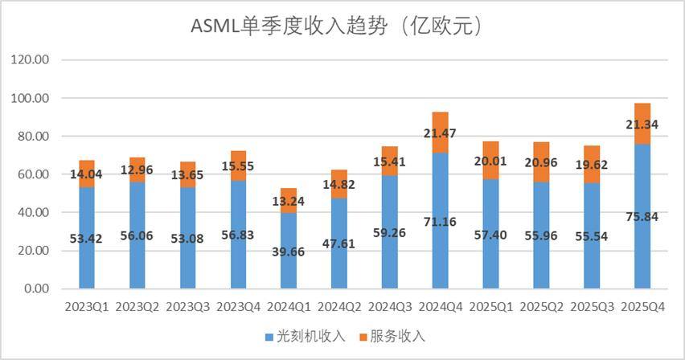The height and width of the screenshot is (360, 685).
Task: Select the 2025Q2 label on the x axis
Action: coord(541,307)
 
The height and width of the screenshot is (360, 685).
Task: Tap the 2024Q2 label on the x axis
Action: coord(338,307)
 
